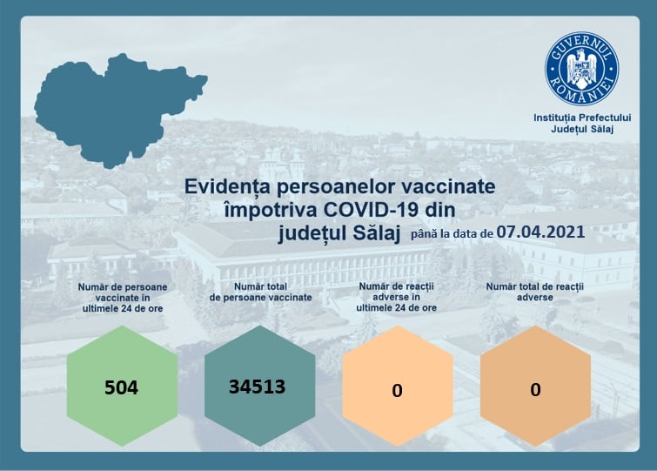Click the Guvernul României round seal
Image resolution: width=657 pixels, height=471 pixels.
point(581,69)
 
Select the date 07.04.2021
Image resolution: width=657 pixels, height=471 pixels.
point(540,232)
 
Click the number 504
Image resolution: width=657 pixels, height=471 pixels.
point(121,387)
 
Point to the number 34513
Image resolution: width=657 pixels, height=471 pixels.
point(257,387)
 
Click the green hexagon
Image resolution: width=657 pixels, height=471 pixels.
point(123,386)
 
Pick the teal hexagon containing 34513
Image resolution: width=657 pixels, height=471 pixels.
point(260,386)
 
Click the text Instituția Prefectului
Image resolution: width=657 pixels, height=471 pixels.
point(582,118)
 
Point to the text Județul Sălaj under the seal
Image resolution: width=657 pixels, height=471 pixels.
point(582,129)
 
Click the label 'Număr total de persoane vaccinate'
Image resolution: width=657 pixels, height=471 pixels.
point(260,292)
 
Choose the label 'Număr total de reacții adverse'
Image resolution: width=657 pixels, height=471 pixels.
point(534,292)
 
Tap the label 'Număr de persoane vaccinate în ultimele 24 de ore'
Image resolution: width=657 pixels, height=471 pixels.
point(123,298)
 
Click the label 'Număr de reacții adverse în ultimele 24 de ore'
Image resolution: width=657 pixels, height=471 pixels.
point(397,297)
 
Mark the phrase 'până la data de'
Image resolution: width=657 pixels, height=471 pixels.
point(452,233)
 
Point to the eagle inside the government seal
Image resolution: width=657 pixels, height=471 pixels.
point(581,67)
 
